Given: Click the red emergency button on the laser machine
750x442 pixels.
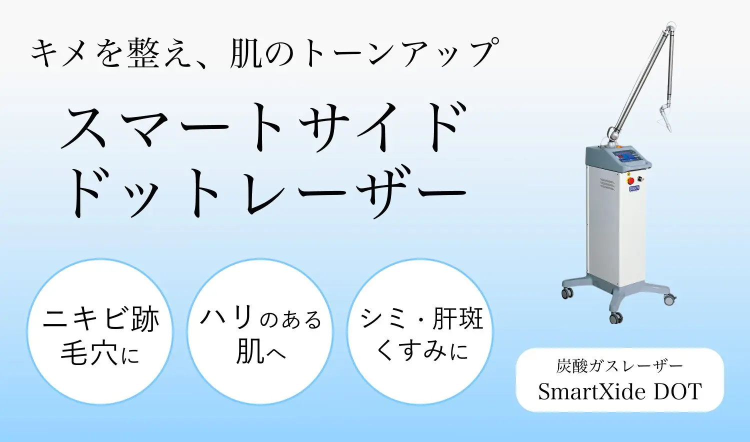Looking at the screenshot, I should (630, 180).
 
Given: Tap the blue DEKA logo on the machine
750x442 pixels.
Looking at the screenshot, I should (634, 188).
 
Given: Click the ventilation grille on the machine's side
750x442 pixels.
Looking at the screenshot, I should (607, 184).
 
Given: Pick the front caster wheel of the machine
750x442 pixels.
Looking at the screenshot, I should (616, 317).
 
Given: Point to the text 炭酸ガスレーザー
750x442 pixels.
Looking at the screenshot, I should (619, 366).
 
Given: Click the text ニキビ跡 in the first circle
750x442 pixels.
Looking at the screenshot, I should (101, 318).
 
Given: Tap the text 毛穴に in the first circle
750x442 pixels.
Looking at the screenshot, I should (100, 354).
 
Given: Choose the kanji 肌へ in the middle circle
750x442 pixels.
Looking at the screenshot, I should (260, 352).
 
